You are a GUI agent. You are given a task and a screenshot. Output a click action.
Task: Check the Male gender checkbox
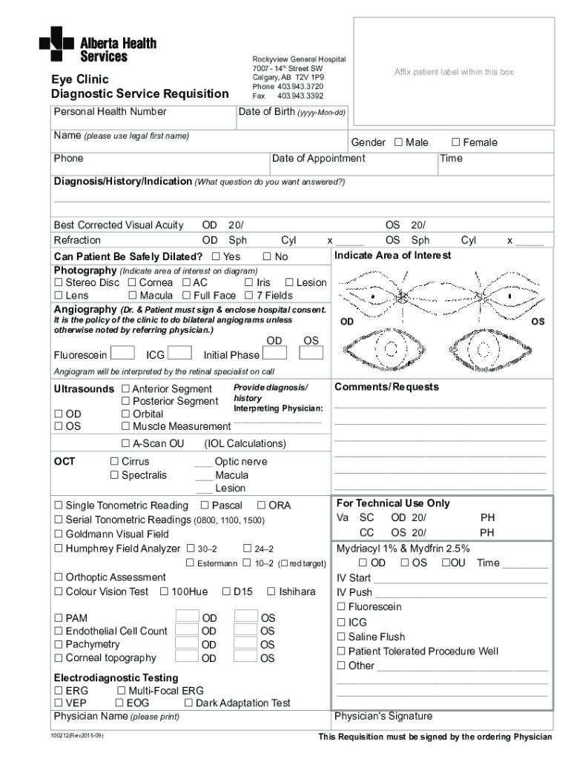point(398,142)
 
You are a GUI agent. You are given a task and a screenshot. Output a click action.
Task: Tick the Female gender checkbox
point(456,142)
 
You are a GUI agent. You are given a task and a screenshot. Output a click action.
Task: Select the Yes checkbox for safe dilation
point(216,256)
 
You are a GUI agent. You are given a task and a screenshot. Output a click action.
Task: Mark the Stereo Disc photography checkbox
point(58,282)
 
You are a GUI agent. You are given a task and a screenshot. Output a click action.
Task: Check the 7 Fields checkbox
point(249,296)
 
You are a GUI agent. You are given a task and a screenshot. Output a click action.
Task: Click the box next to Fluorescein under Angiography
point(123,353)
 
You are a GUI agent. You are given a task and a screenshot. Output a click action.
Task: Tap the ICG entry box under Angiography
point(182,353)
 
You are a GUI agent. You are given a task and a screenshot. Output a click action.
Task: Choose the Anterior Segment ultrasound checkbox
point(125,388)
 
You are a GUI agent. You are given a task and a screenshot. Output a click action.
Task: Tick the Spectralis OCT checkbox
point(115,475)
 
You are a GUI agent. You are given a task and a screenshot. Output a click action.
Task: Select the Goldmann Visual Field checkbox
point(58,534)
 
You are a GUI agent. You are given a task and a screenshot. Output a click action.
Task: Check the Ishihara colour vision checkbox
point(271,591)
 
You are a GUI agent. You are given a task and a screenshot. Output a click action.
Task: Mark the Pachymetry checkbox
point(58,644)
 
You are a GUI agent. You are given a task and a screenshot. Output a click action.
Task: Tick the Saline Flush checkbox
point(341,637)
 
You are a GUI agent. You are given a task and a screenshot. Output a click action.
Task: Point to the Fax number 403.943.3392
point(300,96)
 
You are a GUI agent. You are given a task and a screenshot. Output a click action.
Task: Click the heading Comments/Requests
point(386,387)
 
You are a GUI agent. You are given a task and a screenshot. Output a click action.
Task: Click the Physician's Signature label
point(383,716)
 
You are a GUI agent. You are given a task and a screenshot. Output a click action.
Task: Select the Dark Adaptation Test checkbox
point(188,703)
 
